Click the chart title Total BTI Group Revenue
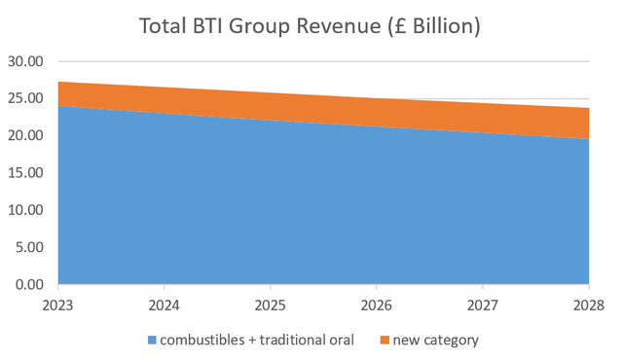click(x=311, y=26)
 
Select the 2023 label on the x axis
click(x=58, y=305)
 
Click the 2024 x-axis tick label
click(x=165, y=305)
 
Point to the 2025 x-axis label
click(x=271, y=305)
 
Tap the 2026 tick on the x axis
click(x=377, y=305)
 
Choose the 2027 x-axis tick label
click(x=483, y=305)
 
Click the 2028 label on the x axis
click(x=588, y=305)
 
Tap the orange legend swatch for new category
click(x=385, y=341)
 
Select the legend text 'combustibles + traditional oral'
click(x=258, y=341)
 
